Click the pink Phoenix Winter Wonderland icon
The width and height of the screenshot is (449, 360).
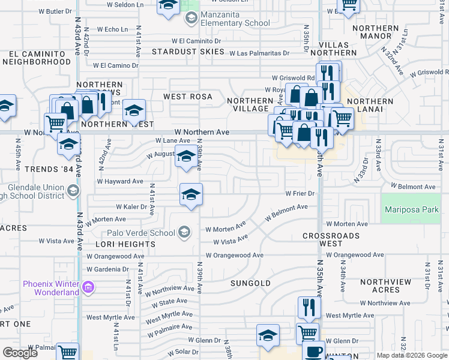(88, 288)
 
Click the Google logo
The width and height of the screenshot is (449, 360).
(20, 353)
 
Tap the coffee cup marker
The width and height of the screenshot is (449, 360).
(313, 350)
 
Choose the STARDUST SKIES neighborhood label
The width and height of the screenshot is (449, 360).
(187, 52)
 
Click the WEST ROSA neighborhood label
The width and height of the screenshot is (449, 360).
(188, 96)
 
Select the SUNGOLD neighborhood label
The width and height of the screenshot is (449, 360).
(251, 283)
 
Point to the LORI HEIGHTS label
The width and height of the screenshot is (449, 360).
(125, 244)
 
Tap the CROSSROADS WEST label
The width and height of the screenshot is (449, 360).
(331, 240)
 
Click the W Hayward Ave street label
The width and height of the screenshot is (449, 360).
(120, 181)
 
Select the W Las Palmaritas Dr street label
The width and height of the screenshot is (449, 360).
(261, 53)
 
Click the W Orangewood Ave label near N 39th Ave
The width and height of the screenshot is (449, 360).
(234, 255)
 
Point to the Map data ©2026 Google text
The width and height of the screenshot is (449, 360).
(411, 355)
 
